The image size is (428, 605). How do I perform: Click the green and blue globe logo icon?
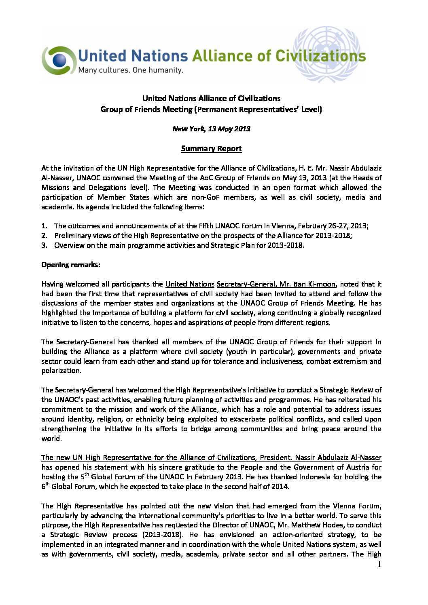coord(59,60)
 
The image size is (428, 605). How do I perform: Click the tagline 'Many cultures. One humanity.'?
coord(130,70)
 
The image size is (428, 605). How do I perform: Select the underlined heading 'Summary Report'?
coord(211,148)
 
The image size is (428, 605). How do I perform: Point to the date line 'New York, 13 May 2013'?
coord(211,129)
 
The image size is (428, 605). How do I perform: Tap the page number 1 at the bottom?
coord(379,565)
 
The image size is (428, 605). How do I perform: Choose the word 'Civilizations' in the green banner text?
coord(320,56)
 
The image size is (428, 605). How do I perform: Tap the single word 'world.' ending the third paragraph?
coord(51,438)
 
